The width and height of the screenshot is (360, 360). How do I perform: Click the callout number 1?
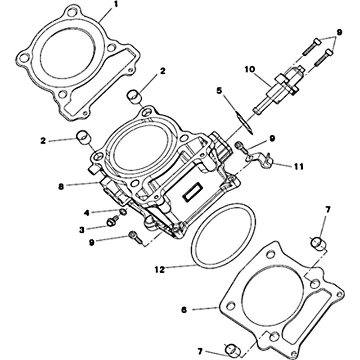click(116, 4)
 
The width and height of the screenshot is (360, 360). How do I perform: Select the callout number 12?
click(160, 270)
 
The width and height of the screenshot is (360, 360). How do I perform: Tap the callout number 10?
click(250, 69)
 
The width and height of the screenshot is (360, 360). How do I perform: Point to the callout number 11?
click(299, 166)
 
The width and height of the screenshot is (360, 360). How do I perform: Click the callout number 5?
click(219, 90)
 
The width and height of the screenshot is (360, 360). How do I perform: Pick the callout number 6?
click(184, 310)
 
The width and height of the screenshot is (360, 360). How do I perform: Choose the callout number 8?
click(61, 187)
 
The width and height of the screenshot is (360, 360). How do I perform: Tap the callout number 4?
click(86, 213)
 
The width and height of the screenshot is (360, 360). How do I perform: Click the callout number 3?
click(82, 230)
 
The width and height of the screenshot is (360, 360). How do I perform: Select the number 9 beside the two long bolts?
click(339, 32)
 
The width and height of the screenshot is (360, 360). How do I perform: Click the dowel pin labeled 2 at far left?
click(83, 137)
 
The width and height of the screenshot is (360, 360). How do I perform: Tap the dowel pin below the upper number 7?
click(317, 244)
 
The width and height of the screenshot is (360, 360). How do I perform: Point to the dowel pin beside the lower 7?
click(232, 351)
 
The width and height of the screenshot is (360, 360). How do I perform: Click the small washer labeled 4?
click(123, 212)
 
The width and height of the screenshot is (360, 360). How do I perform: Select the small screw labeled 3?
click(113, 220)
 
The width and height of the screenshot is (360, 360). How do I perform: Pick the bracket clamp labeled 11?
click(260, 160)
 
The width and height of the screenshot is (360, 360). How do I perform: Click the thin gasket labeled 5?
click(244, 123)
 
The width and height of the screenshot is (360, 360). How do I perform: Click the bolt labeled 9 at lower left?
click(135, 237)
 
